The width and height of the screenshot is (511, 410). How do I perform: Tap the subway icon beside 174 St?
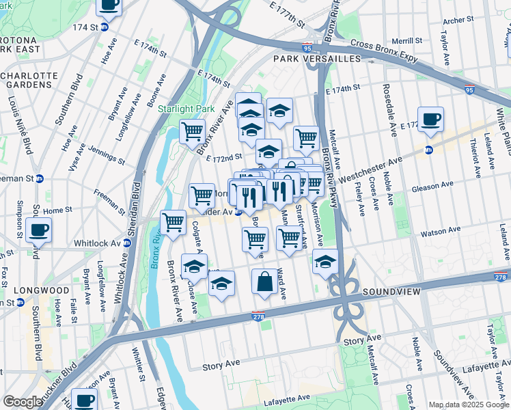pos(105,27)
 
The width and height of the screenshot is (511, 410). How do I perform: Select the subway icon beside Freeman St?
pos(40,179)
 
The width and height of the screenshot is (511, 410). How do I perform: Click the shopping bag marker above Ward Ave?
pos(264,282)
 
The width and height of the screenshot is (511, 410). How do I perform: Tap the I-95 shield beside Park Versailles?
pos(305,48)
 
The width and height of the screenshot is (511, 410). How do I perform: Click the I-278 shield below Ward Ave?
pos(258,316)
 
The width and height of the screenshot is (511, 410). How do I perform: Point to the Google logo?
pos(23,402)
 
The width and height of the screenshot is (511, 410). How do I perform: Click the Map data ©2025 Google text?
pos(469,405)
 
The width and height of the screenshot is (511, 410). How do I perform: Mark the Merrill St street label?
pos(407,41)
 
